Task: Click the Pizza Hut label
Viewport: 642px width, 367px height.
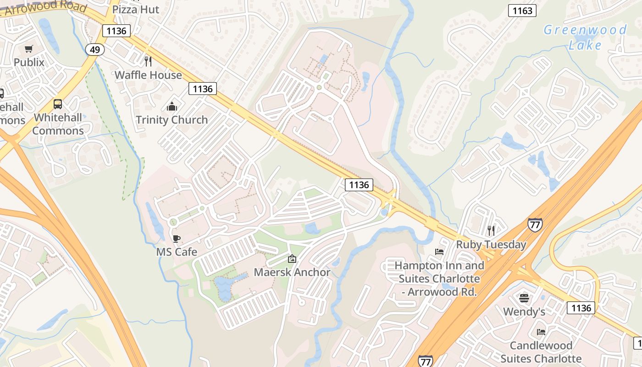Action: (x=136, y=9)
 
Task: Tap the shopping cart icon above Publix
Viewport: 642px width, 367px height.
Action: (x=29, y=49)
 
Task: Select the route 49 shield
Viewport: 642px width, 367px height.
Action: (x=94, y=50)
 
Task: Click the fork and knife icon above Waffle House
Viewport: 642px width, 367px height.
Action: (x=148, y=61)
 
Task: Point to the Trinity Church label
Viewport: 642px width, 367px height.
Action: (x=172, y=120)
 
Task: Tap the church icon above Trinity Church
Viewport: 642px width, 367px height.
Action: (x=172, y=107)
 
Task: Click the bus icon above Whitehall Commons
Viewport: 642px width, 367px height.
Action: (x=58, y=104)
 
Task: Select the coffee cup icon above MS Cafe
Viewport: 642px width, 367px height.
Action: (x=176, y=239)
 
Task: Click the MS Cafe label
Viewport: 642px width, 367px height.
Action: (x=177, y=252)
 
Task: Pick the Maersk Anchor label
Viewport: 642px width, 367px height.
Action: (x=292, y=272)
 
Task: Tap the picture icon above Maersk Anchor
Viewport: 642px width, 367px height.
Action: (x=292, y=259)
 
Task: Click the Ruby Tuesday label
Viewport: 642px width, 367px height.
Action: (x=491, y=244)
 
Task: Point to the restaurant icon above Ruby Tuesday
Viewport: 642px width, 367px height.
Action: (x=491, y=230)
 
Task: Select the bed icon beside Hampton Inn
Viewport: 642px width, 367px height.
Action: (x=439, y=252)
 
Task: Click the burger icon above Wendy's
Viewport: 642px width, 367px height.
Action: (x=524, y=299)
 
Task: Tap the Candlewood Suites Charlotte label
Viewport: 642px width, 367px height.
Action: (x=541, y=352)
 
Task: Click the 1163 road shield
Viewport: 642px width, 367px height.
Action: (x=522, y=11)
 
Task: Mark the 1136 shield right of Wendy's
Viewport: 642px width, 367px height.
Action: (x=581, y=308)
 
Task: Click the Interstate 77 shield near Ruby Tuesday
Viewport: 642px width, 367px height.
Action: (x=535, y=224)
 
